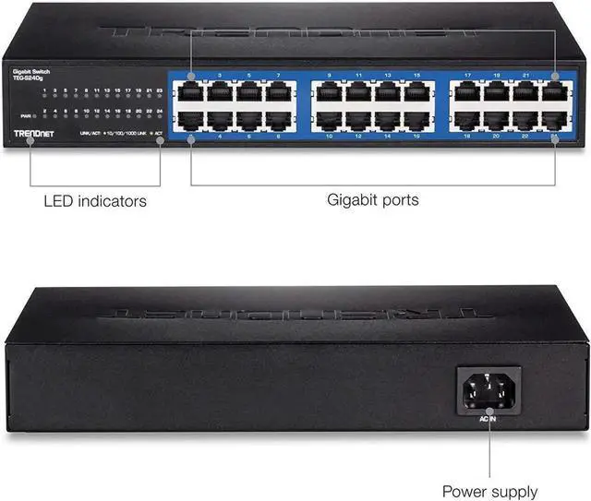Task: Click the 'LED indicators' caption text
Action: tap(95, 200)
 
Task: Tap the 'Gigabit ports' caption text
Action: tap(372, 199)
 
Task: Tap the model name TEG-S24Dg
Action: tap(30, 78)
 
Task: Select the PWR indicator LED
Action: tap(34, 115)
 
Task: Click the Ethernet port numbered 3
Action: tap(220, 91)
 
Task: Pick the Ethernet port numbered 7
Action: tap(279, 91)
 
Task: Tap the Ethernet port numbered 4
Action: tap(220, 119)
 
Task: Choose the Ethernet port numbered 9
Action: tap(329, 91)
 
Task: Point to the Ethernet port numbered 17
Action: tap(467, 91)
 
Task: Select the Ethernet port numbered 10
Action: tap(329, 119)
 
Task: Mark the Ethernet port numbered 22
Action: tap(525, 119)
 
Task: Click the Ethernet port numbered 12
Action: tap(358, 119)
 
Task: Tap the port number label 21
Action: tap(525, 74)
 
